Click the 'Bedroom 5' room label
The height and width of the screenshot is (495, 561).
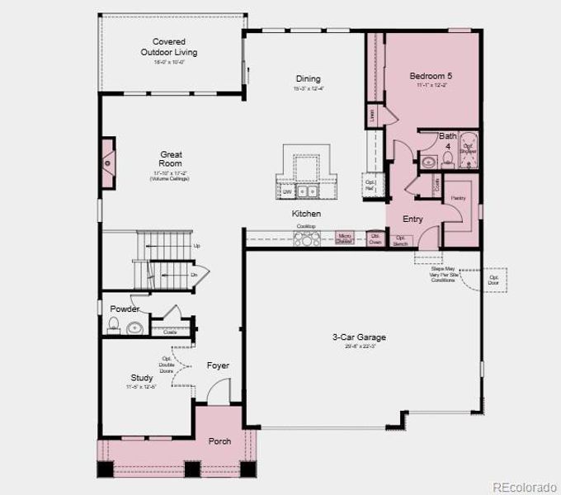(431, 77)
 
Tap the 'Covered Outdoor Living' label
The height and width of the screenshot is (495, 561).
(168, 47)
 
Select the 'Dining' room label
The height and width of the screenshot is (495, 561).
(309, 79)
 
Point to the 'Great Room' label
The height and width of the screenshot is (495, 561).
(171, 158)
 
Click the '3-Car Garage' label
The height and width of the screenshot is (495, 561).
(359, 337)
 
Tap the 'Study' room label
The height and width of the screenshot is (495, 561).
(141, 378)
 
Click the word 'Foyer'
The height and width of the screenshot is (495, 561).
(218, 365)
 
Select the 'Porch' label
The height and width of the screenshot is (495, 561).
(219, 441)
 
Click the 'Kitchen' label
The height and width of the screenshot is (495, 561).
(306, 214)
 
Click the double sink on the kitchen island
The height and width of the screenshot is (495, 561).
(308, 191)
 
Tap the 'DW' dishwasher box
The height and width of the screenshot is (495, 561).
(287, 191)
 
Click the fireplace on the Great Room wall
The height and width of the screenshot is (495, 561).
(108, 158)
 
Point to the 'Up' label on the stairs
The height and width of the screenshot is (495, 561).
(196, 246)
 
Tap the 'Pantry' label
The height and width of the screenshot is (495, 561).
(458, 199)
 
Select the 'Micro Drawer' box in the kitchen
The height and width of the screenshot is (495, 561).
(345, 238)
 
